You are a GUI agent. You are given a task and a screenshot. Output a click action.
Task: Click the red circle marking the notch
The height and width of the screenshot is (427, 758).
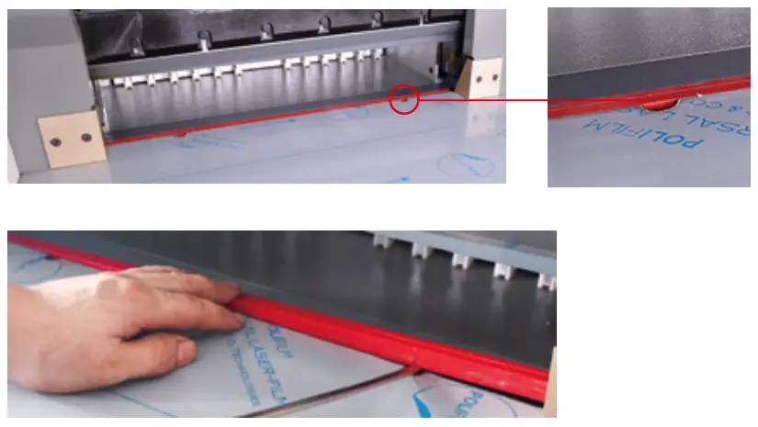tap(404, 99)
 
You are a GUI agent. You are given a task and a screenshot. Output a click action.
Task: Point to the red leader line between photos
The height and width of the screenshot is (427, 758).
tap(482, 100)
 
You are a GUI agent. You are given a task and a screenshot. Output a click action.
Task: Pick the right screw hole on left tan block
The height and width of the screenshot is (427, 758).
tap(86, 138)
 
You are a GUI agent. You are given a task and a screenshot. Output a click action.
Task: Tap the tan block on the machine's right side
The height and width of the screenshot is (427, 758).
tap(482, 77)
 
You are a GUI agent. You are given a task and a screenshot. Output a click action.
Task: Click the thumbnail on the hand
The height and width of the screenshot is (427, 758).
tap(184, 350)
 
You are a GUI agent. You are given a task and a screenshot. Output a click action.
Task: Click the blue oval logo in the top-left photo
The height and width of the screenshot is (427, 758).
tap(465, 164)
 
